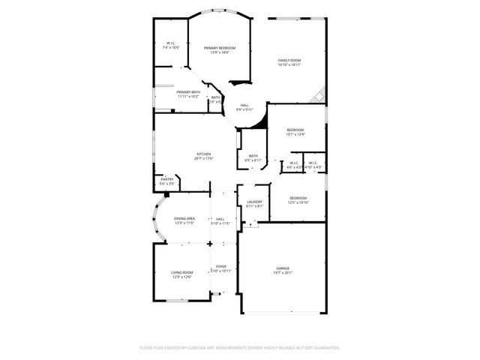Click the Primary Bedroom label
(219, 48)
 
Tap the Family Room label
(289, 60)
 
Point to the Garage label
(283, 268)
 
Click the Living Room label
(182, 272)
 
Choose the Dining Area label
(184, 218)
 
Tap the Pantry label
(167, 179)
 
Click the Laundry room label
(254, 202)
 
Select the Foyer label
(221, 266)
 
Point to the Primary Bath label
(188, 91)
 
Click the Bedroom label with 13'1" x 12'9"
(295, 130)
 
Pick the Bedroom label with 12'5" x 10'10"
(298, 198)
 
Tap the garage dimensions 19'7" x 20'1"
(283, 273)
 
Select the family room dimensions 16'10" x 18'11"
(289, 64)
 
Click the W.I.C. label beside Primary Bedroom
(171, 43)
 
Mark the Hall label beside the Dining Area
(220, 218)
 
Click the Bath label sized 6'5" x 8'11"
(253, 156)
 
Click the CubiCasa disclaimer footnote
(240, 347)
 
